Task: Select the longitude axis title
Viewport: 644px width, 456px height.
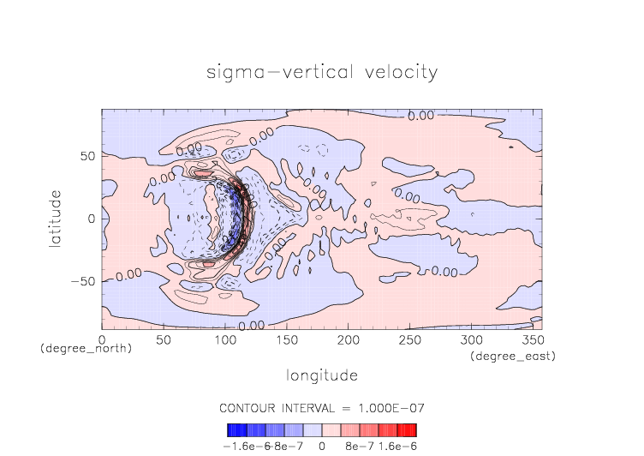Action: pos(321,375)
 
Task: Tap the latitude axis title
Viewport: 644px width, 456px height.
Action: pos(56,219)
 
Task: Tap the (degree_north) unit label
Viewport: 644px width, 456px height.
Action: pos(86,349)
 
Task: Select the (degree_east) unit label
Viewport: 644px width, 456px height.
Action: pos(512,356)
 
